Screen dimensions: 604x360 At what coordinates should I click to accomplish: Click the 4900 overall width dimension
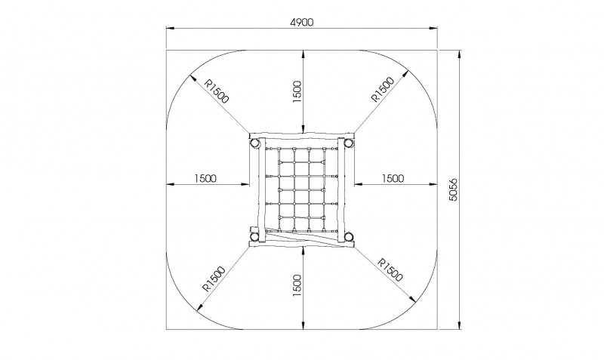[301, 23]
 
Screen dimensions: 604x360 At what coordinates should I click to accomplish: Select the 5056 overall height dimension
[454, 189]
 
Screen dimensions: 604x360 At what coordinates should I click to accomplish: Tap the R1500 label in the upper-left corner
[217, 91]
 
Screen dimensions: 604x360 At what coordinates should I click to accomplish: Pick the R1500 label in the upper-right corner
[383, 89]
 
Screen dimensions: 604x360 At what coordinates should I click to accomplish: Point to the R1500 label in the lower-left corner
[214, 279]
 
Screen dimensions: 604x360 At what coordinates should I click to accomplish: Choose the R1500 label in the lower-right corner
[390, 269]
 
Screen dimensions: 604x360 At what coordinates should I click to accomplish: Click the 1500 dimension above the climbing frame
[297, 91]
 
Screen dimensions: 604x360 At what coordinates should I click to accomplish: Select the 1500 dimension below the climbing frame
[297, 285]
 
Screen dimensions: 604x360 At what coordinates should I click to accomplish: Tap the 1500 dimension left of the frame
[205, 178]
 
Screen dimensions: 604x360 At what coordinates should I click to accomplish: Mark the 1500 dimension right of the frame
[393, 178]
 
